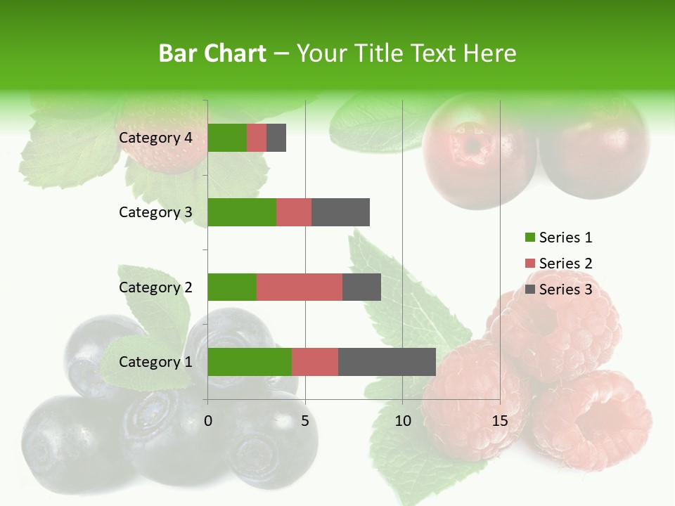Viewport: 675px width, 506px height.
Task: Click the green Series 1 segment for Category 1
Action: (x=250, y=362)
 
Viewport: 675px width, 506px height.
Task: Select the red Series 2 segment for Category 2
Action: (x=300, y=287)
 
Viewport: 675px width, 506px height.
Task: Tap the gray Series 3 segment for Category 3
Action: (x=340, y=212)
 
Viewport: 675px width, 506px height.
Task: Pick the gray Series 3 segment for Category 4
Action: (x=276, y=138)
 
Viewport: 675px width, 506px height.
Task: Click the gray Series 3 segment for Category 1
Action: (x=387, y=362)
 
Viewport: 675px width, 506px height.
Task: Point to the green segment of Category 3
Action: (x=242, y=212)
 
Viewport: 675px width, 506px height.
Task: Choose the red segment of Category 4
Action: (x=257, y=138)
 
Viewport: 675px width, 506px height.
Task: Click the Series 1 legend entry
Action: (x=559, y=238)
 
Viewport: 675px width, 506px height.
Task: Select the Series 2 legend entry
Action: (x=559, y=264)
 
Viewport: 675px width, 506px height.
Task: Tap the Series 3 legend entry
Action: (x=559, y=290)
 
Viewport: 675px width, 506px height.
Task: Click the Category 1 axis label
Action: (x=155, y=362)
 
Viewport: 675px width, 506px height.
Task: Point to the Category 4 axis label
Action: (x=155, y=138)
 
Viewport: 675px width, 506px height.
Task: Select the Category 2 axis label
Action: (x=155, y=287)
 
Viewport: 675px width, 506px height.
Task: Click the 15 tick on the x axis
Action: (x=499, y=421)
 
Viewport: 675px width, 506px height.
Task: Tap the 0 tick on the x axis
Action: (x=208, y=421)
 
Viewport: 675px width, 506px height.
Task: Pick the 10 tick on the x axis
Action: (x=402, y=421)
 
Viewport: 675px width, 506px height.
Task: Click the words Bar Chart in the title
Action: (x=212, y=53)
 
